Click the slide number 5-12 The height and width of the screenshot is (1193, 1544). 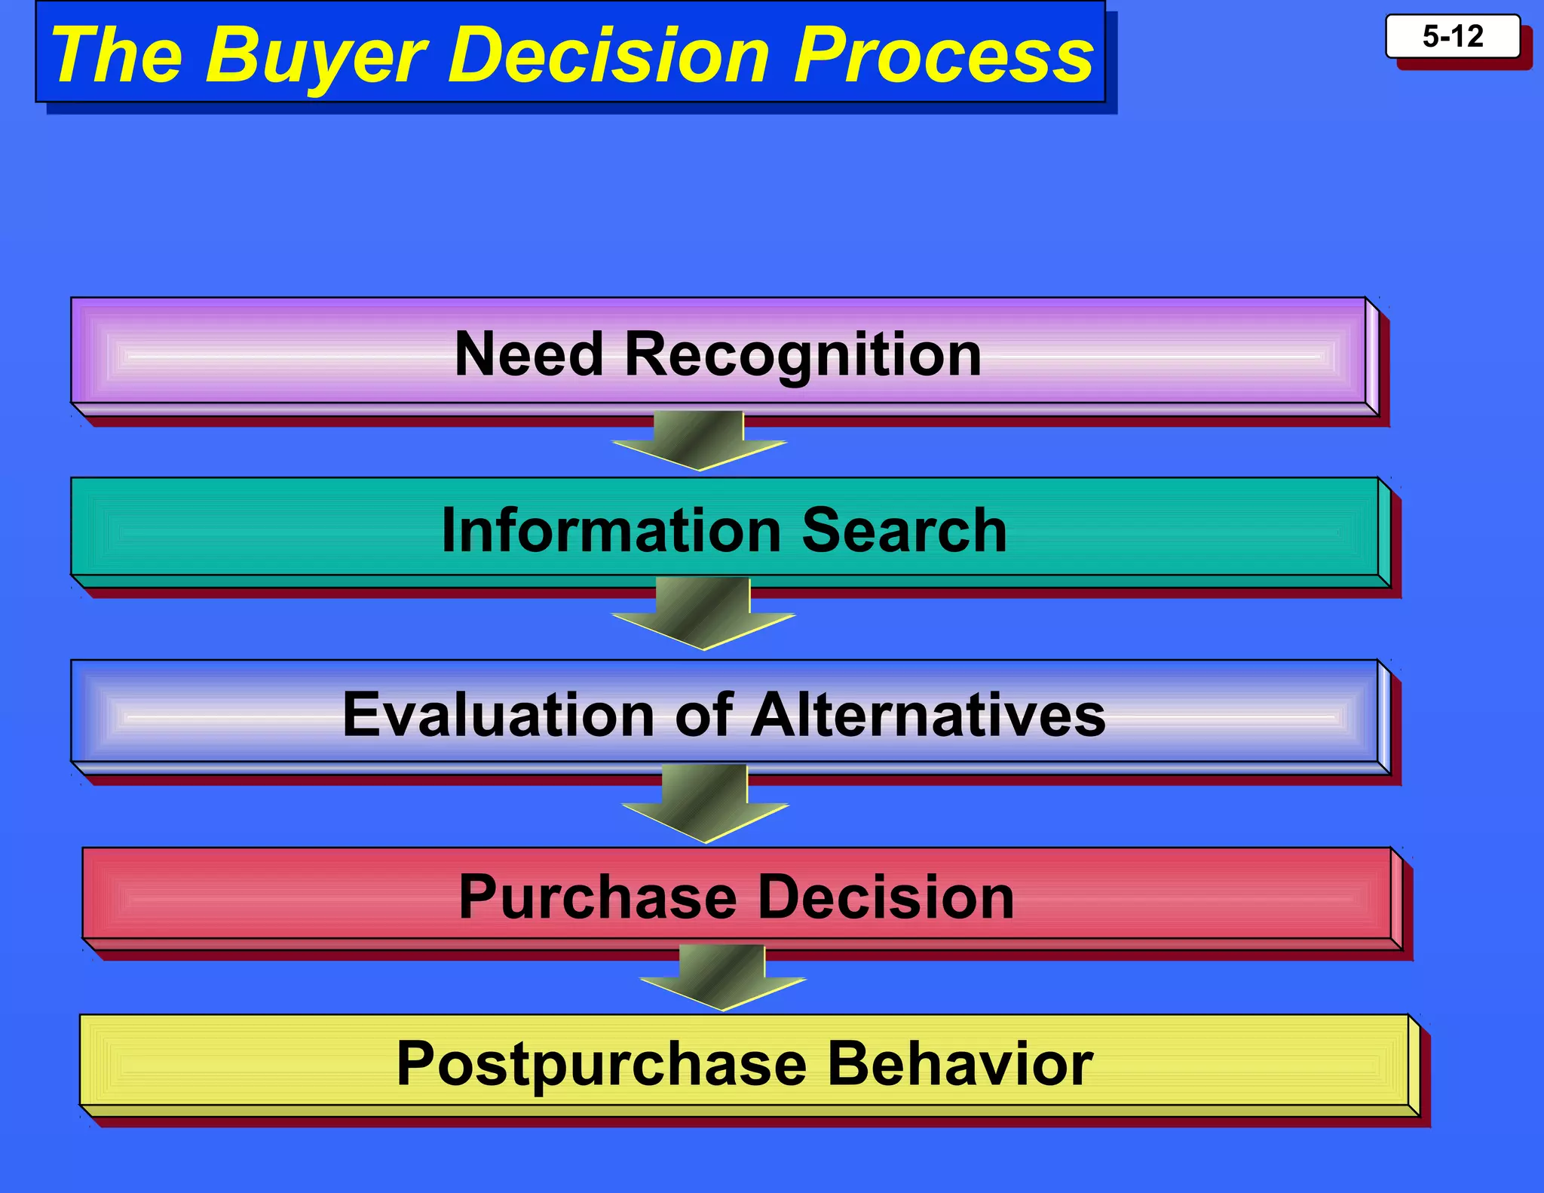click(x=1452, y=36)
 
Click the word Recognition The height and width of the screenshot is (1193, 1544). click(x=803, y=355)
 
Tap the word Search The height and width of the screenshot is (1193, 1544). click(x=904, y=530)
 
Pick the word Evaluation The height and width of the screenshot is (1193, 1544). click(x=498, y=714)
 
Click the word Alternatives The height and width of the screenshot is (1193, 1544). click(x=928, y=714)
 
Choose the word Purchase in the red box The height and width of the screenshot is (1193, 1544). click(x=599, y=897)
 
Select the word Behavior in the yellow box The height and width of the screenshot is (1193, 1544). click(x=960, y=1063)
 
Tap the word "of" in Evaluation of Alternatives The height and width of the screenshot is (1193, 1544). click(x=703, y=714)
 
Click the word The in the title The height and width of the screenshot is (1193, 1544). click(x=117, y=56)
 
